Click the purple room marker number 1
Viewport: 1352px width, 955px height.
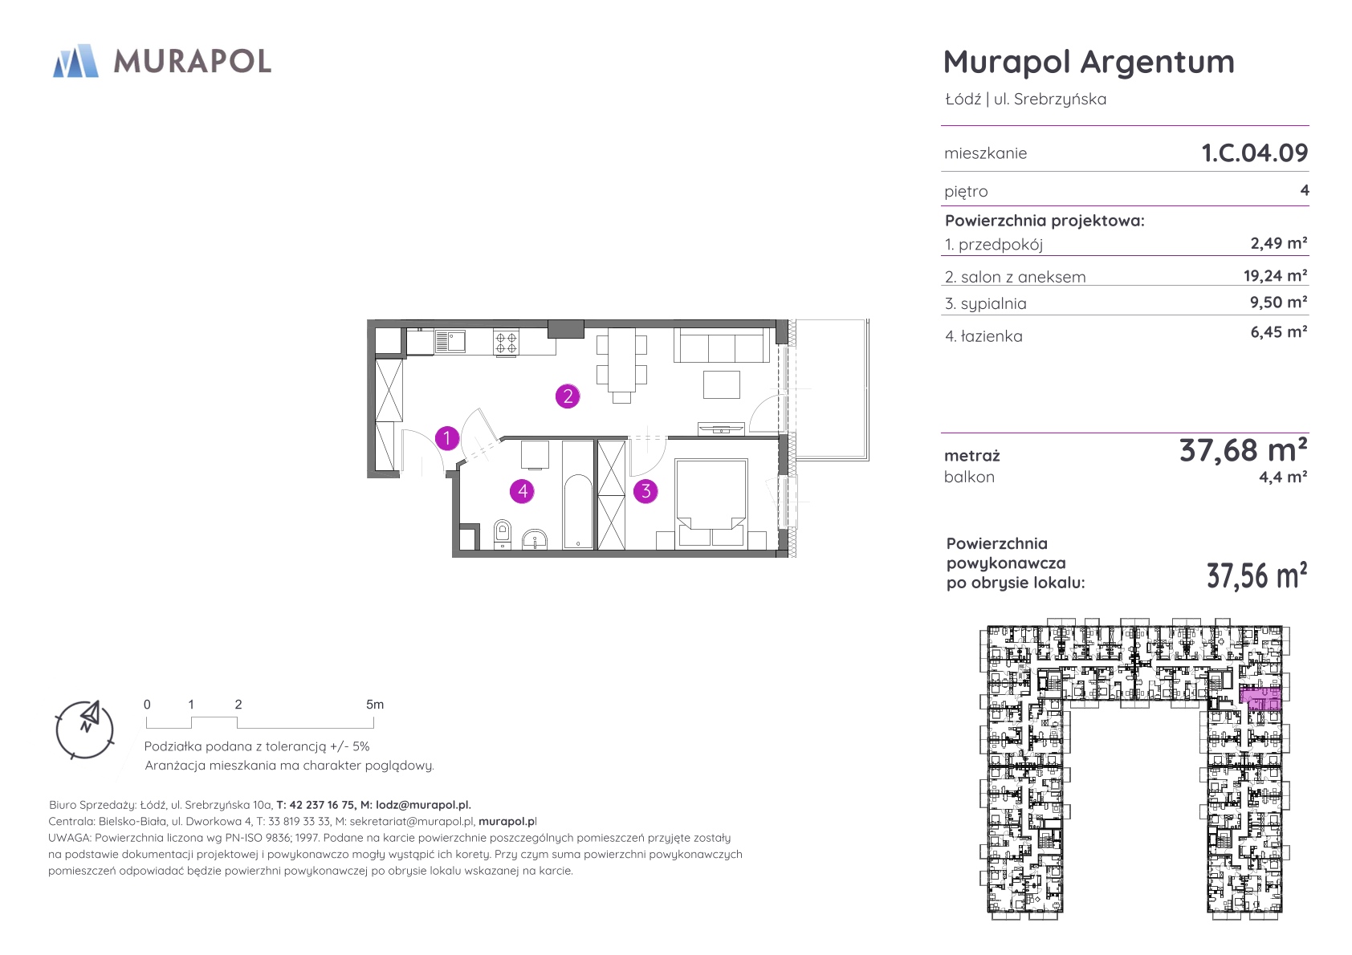point(446,438)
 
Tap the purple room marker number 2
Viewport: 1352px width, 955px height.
point(568,396)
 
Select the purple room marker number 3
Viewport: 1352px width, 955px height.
point(645,491)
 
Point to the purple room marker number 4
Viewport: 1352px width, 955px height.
point(522,491)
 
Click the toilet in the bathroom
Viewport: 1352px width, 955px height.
point(502,534)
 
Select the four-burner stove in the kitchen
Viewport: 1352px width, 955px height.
point(506,343)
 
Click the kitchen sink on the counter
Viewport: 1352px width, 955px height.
point(449,341)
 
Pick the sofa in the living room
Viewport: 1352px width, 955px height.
point(721,345)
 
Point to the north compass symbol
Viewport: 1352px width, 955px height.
point(84,729)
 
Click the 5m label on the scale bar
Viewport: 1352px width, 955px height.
point(374,704)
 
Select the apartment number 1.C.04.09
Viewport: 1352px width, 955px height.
point(1255,152)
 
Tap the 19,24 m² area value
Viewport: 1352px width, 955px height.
point(1276,276)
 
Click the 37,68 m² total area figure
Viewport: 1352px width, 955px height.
point(1244,450)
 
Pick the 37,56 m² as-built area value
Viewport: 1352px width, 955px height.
point(1256,575)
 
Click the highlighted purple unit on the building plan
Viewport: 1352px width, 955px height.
point(1260,699)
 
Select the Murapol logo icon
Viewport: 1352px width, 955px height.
point(75,61)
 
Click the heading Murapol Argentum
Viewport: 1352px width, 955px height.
point(1089,62)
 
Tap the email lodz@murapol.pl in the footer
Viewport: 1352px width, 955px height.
point(422,804)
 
